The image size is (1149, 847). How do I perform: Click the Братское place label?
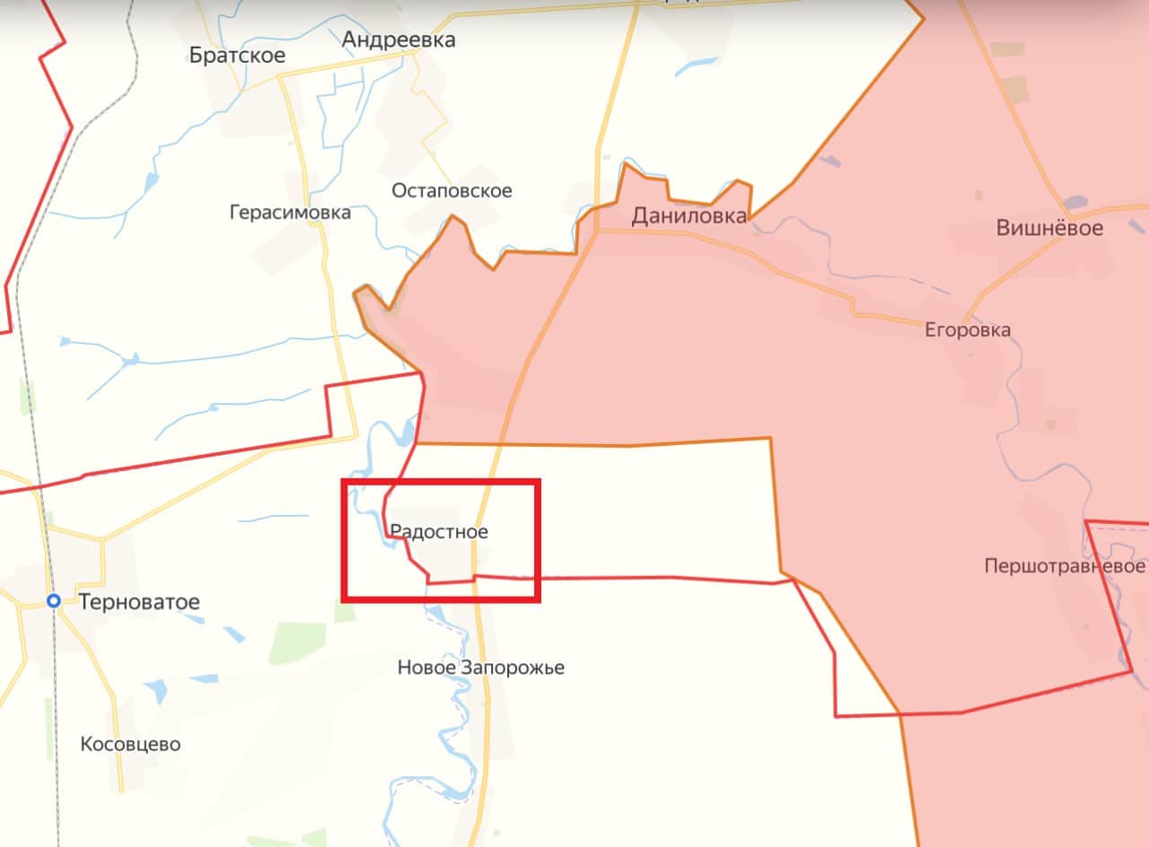pos(237,56)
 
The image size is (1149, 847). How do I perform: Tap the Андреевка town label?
pos(399,39)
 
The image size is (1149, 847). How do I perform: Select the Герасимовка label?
pos(290,213)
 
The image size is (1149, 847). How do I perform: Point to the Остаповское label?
pos(452,190)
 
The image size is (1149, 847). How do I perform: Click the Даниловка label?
pos(689,215)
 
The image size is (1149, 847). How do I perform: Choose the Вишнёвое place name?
pos(1049,228)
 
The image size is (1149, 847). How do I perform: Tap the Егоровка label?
pos(968,330)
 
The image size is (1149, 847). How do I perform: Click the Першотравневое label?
pos(1065,566)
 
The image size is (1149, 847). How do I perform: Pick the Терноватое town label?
pos(139,601)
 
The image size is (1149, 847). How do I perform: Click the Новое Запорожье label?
pos(481,668)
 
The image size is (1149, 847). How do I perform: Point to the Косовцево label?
pos(130,744)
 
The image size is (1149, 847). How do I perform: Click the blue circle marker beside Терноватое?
pos(55,601)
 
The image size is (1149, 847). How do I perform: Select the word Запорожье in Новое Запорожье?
pos(513,668)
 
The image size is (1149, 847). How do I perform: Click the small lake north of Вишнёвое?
pos(1074,204)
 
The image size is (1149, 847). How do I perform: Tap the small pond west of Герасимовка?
pos(131,361)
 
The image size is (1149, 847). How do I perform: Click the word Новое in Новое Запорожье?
pos(427,668)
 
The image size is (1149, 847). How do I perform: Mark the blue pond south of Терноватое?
pos(154,690)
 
